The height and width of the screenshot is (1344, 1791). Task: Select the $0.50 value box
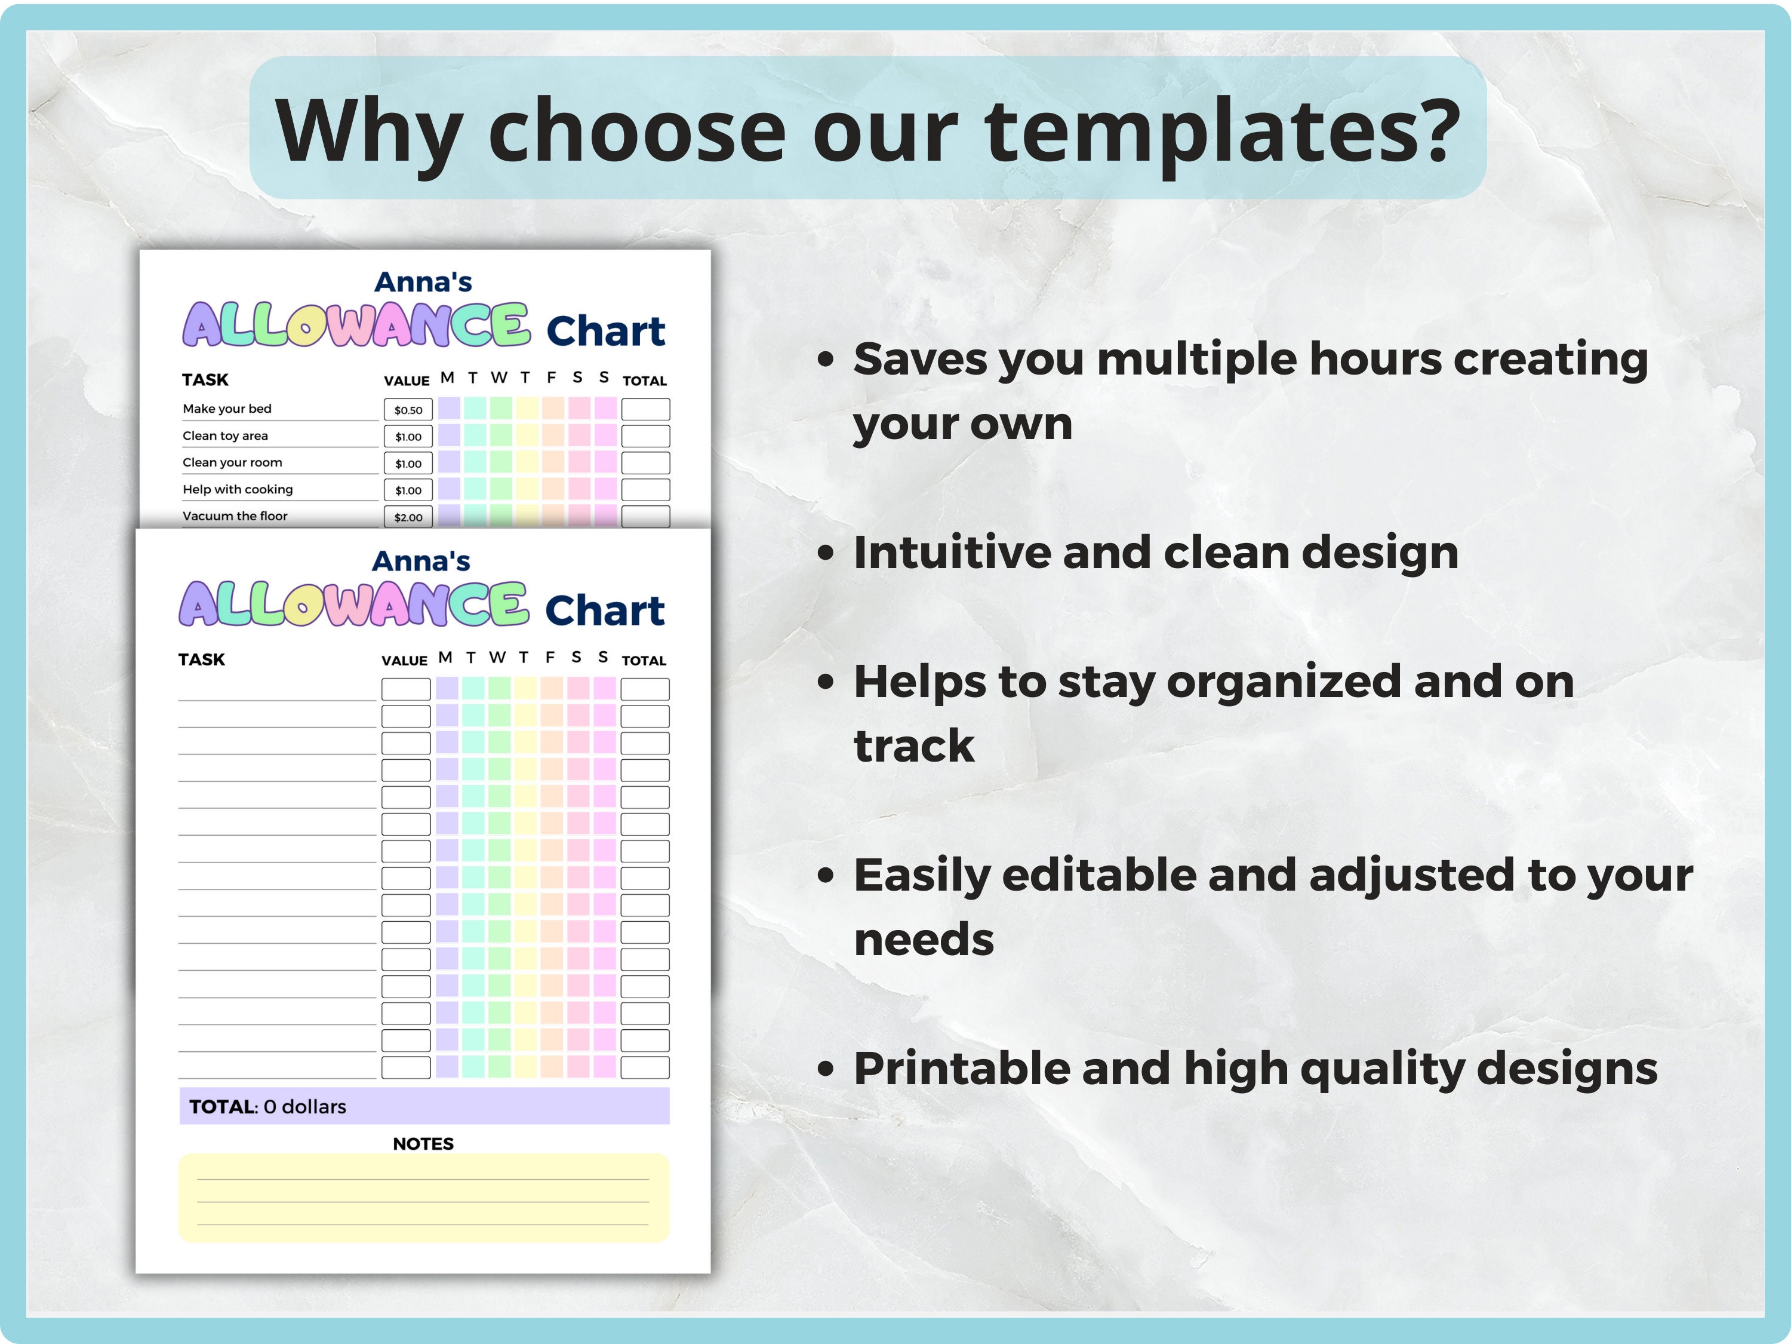[x=408, y=410]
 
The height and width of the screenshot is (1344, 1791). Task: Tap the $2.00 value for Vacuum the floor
[x=408, y=517]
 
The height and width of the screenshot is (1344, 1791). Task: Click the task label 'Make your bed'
[x=227, y=409]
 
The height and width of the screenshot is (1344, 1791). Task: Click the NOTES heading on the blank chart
[x=423, y=1144]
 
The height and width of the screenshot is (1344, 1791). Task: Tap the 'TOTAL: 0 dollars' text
[x=267, y=1107]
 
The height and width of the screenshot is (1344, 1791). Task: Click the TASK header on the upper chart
[x=205, y=380]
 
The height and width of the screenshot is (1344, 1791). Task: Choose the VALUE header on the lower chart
[x=404, y=660]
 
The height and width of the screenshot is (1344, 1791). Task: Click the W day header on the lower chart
[x=497, y=657]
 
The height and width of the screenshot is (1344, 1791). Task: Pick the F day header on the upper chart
[x=552, y=378]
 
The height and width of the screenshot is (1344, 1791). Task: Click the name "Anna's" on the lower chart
[x=421, y=561]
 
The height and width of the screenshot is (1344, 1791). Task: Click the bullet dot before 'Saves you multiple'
[x=825, y=360]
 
